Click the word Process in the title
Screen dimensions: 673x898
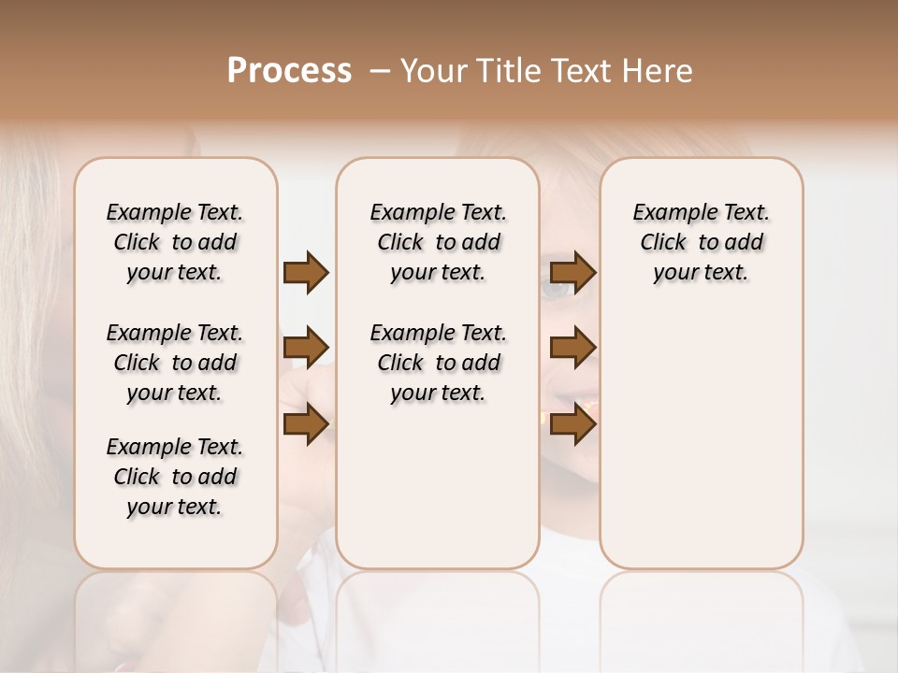(x=289, y=71)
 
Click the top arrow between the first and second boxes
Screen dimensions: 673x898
(x=306, y=272)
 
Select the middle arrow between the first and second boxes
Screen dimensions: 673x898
(x=306, y=348)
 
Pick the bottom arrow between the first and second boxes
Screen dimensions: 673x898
(x=306, y=423)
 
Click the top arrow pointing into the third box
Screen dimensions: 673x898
(x=572, y=272)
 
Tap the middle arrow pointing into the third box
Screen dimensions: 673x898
(x=572, y=348)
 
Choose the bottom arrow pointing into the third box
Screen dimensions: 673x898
(x=572, y=423)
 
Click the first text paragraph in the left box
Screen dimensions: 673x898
(x=175, y=242)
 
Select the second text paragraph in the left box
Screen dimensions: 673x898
(x=175, y=363)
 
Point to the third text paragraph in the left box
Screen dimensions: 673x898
(x=175, y=477)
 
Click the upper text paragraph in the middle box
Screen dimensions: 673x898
(x=438, y=242)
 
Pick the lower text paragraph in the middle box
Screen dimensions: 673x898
(x=438, y=363)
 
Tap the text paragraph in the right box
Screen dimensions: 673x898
(x=701, y=242)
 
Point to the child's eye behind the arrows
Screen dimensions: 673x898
(x=556, y=291)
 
